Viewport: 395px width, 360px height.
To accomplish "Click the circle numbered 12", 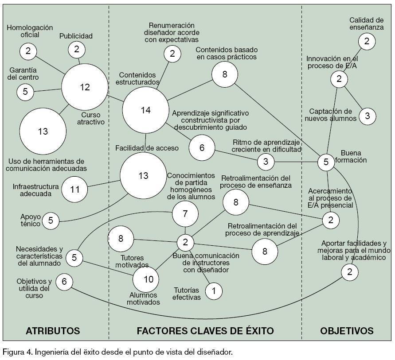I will [85, 87].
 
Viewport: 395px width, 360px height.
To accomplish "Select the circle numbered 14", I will [145, 110].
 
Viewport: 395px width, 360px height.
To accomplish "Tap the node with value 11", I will [75, 190].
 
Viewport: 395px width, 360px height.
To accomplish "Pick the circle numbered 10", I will [149, 279].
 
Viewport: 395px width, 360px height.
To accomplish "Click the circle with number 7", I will [185, 214].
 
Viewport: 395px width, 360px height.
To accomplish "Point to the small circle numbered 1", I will [214, 291].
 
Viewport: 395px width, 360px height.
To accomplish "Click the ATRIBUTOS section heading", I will [53, 330].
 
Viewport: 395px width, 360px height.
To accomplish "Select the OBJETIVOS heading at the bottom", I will [347, 330].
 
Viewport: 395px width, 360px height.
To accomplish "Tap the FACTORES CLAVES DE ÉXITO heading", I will [205, 330].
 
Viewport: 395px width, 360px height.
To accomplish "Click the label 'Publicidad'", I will [76, 36].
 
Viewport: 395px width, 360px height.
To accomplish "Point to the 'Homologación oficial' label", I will [30, 31].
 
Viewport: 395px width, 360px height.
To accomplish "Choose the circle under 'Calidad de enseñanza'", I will [367, 41].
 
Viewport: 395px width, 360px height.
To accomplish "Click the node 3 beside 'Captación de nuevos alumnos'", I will [367, 116].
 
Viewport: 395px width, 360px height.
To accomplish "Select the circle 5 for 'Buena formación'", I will [326, 162].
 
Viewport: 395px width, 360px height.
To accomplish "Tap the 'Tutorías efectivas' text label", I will [187, 293].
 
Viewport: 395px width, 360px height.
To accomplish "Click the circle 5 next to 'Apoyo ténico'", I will [51, 220].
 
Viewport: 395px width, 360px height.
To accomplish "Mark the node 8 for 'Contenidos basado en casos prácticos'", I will [225, 74].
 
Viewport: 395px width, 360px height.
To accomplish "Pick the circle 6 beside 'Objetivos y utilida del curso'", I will [64, 281].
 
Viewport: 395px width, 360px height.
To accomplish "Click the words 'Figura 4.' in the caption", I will [16, 352].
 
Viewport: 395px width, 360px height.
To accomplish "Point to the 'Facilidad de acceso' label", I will [147, 148].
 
